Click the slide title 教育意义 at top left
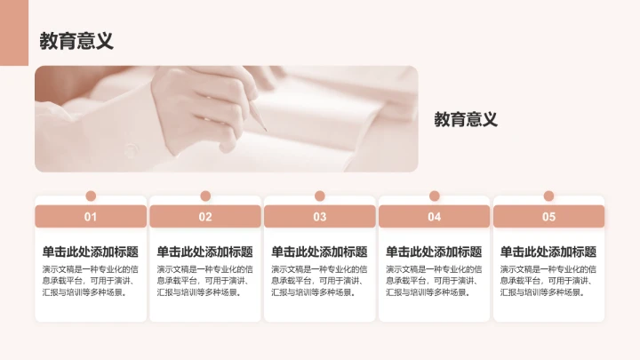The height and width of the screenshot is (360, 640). point(76,42)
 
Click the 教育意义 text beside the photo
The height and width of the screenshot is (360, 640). point(465,119)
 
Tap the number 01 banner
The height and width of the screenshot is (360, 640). point(91,216)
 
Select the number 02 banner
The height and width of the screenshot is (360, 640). point(205,216)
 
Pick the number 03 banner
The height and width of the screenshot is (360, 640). point(320,216)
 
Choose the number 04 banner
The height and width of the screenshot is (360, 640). point(434,216)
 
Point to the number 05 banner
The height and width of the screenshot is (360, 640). point(548,216)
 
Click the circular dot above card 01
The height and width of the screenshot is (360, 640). point(91,196)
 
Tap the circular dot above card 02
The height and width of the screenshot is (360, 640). point(205,196)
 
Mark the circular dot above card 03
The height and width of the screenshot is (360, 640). point(320,196)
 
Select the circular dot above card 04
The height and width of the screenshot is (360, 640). point(434,196)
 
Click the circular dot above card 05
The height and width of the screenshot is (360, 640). point(548,196)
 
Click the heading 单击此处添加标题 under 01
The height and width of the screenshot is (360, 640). point(91,252)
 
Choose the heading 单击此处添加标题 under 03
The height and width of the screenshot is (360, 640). point(319,252)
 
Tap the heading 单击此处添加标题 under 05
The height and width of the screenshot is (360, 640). point(548,252)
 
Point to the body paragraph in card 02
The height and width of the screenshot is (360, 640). point(204,280)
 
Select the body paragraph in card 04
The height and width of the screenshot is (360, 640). point(434,280)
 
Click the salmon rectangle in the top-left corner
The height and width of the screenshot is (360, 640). point(13,33)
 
